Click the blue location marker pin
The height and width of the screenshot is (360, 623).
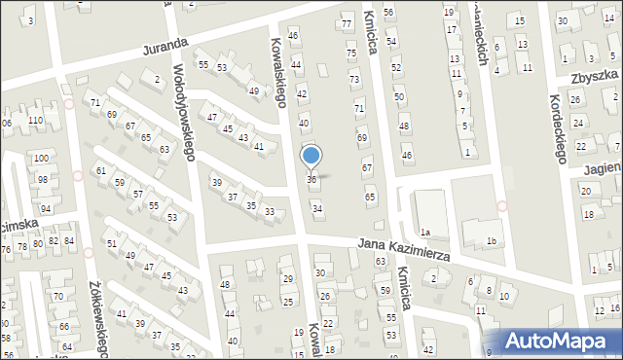(x=311, y=156)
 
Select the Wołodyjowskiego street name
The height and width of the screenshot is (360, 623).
(x=185, y=113)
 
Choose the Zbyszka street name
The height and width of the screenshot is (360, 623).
(x=594, y=77)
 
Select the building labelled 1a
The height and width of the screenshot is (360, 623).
(x=425, y=232)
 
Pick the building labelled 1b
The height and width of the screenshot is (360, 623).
(x=492, y=240)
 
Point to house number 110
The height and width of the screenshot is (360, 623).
(x=35, y=120)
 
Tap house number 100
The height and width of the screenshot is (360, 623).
(x=41, y=158)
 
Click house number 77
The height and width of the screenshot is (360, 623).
(x=346, y=23)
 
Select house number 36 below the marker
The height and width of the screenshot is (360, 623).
(x=311, y=179)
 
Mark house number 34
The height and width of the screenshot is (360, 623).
(x=316, y=208)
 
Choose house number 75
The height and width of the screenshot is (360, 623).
(x=350, y=54)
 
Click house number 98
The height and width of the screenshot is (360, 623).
(x=43, y=179)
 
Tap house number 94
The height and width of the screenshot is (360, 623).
(x=46, y=209)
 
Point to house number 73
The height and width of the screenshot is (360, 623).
(x=354, y=79)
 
